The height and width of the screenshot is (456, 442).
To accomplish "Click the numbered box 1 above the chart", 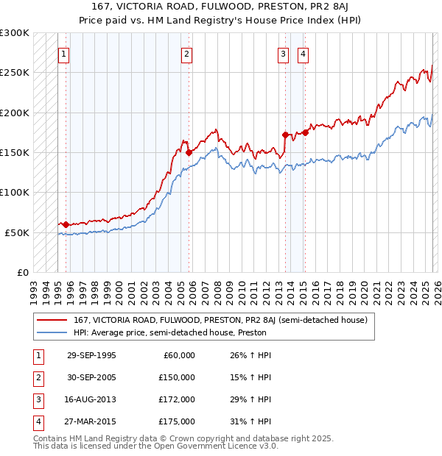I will (63, 54).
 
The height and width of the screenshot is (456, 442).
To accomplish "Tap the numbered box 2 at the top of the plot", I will (187, 54).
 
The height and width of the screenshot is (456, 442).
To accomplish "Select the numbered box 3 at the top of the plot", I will (283, 54).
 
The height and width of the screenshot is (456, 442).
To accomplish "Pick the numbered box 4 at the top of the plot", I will (303, 54).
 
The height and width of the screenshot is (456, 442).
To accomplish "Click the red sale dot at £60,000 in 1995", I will (66, 224).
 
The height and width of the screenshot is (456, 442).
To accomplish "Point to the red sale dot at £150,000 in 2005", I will (189, 152).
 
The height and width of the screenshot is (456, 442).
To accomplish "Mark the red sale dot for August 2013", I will (285, 135).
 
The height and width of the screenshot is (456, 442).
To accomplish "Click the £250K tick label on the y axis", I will (15, 73).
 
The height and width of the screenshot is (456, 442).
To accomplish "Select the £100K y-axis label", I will (15, 192).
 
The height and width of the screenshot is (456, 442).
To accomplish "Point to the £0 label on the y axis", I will (22, 272).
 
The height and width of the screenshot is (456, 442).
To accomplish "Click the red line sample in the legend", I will (52, 320).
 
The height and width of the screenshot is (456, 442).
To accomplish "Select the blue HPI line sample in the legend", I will (52, 332).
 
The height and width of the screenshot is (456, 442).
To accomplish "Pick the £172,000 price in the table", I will (177, 399).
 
